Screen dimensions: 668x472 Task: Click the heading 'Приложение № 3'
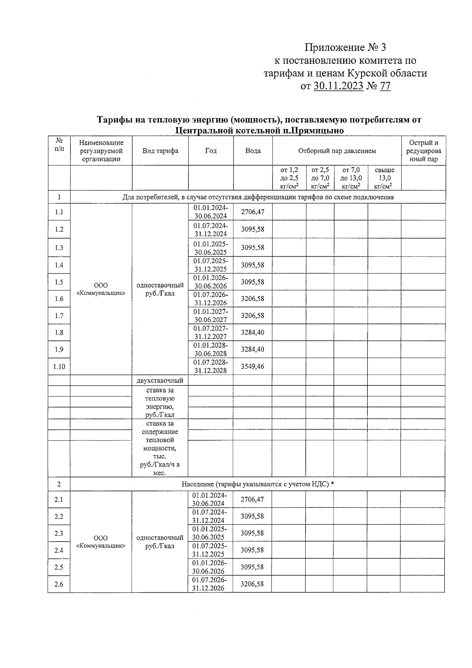345,48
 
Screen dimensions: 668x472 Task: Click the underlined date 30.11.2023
338,86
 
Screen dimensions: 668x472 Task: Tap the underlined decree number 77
385,86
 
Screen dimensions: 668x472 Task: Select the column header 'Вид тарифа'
160,151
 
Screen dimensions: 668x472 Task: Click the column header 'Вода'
253,151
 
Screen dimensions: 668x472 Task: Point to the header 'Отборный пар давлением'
337,151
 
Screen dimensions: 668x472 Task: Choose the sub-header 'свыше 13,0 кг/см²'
384,178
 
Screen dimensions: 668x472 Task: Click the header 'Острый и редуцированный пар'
423,151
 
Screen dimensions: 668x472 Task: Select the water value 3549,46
253,366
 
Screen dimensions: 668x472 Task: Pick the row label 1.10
59,367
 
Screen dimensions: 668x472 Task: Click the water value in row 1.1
253,212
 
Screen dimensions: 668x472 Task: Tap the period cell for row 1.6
210,299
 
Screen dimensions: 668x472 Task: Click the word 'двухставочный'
160,381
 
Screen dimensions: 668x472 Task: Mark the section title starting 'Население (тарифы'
258,484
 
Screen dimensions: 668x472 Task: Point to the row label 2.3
59,533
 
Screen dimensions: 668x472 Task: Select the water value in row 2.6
252,584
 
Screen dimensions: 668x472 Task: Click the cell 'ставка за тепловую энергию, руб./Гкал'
160,402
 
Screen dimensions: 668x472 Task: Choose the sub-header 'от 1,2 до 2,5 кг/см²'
289,178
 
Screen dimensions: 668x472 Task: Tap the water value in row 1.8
253,333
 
